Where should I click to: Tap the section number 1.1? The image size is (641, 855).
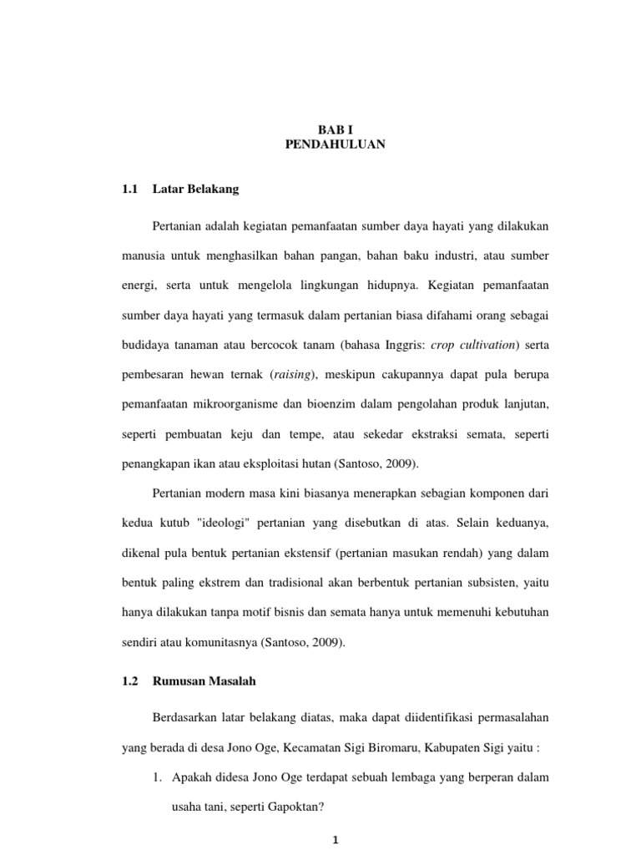click(x=129, y=190)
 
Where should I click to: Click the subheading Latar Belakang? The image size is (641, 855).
click(x=196, y=190)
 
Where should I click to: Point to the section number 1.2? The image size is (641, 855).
click(x=129, y=681)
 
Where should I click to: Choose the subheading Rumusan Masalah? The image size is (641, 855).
click(x=204, y=681)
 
